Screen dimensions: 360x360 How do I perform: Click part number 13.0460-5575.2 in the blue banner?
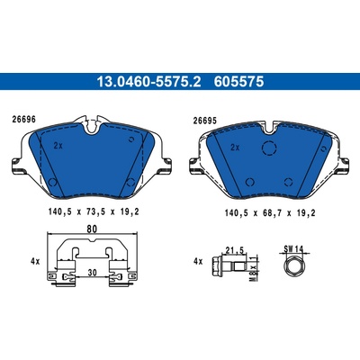(148, 82)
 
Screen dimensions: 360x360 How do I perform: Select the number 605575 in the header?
(238, 82)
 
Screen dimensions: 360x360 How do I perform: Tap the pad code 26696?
(23, 120)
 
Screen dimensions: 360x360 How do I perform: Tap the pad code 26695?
(204, 121)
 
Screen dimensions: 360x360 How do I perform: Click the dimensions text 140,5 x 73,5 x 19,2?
(94, 212)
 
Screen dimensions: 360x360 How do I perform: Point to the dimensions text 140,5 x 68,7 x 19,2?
(270, 213)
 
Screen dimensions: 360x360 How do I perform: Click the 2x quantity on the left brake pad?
(58, 146)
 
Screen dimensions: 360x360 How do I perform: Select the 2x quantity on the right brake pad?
(235, 148)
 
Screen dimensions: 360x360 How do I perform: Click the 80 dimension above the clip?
(92, 229)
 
